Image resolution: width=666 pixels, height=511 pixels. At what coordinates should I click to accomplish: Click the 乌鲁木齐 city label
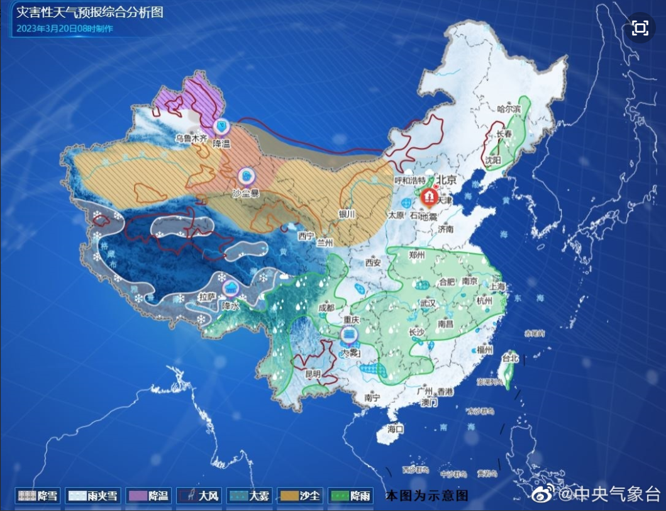(x=191, y=137)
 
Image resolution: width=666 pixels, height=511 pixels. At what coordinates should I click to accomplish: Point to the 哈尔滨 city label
(x=509, y=109)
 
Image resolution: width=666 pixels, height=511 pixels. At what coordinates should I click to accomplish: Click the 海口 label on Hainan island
(x=395, y=429)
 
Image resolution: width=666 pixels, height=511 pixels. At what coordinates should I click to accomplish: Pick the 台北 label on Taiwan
(x=509, y=358)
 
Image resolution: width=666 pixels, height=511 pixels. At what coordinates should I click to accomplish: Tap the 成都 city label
(x=326, y=308)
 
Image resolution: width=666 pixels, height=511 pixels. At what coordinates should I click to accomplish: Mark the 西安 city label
(x=374, y=262)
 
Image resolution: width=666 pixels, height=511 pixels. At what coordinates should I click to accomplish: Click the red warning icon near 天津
(x=428, y=197)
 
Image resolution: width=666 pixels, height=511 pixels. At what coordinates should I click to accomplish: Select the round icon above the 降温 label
(x=221, y=126)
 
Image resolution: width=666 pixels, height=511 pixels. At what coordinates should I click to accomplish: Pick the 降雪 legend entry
(x=38, y=496)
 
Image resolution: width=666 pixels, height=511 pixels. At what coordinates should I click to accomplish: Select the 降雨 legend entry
(x=350, y=496)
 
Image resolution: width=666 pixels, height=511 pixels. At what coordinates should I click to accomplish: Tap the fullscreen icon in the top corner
(x=640, y=28)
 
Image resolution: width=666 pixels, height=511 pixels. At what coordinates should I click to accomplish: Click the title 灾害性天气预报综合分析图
(x=89, y=12)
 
